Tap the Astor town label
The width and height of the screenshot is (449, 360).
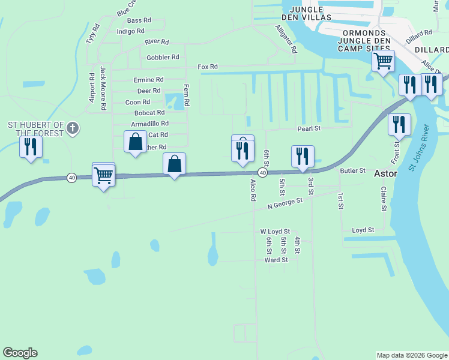pos(385,173)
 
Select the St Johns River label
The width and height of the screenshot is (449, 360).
pos(420,148)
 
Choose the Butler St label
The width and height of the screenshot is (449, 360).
pos(352,171)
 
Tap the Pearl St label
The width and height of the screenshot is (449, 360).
pos(309,128)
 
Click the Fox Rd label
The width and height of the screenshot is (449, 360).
pos(209,67)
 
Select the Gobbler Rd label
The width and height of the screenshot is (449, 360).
pos(163,58)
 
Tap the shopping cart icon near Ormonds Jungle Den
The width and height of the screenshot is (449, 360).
pos(383,61)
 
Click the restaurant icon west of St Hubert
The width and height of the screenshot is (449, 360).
pos(31,146)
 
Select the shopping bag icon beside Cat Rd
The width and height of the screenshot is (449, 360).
pos(136,142)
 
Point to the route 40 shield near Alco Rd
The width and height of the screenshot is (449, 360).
pos(262,172)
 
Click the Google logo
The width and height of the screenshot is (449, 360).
pos(20,353)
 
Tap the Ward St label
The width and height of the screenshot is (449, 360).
pos(276,260)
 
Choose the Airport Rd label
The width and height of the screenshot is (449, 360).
pos(92,88)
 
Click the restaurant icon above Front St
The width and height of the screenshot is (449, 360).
pos(399,125)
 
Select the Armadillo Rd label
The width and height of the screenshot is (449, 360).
pos(149,124)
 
